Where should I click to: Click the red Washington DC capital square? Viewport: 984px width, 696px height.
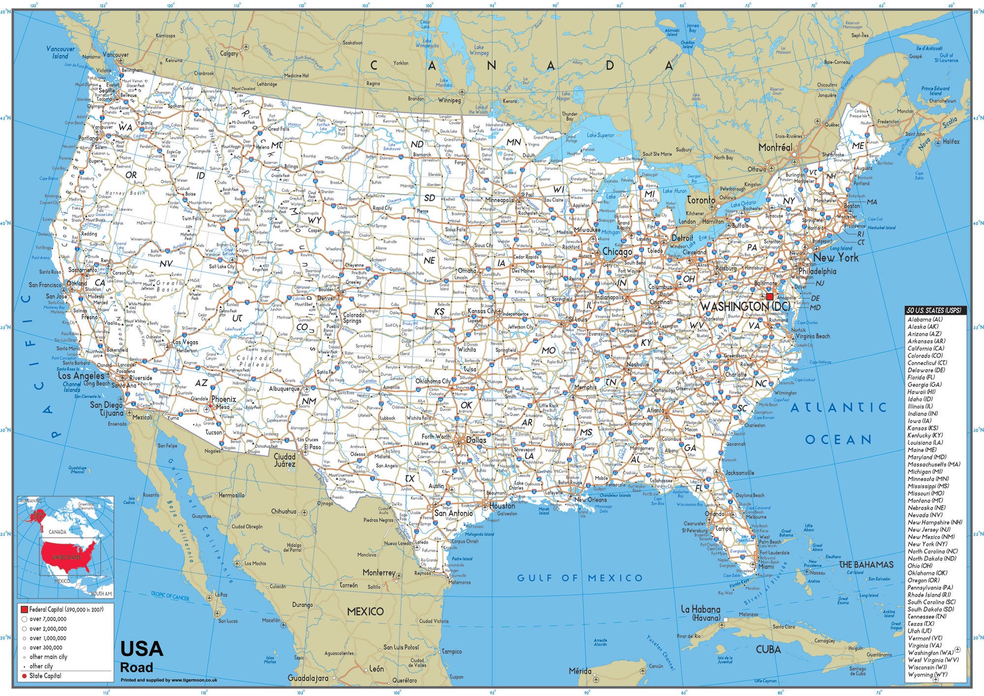769,296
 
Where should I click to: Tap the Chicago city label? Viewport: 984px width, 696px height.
617,252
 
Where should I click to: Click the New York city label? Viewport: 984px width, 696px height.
835,257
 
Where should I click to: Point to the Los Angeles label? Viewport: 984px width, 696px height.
81,376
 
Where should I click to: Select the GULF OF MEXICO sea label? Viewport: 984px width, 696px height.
580,578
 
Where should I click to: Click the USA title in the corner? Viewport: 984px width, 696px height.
142,649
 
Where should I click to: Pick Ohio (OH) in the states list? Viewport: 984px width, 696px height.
920,566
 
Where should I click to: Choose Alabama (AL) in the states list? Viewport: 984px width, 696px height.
925,319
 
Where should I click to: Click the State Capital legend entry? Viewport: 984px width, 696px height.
45,676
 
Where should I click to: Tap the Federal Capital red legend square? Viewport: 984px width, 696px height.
24,609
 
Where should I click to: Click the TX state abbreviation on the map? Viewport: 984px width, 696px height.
410,478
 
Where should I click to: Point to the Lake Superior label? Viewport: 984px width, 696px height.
600,135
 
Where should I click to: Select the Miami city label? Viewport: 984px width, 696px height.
765,567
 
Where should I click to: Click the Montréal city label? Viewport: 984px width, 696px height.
775,147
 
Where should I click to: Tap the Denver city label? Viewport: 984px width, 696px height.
325,298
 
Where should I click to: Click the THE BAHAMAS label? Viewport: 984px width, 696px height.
866,565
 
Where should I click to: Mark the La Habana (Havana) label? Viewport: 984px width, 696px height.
700,613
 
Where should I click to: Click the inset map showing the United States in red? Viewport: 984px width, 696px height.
65,546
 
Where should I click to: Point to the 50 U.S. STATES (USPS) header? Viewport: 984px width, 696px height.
935,311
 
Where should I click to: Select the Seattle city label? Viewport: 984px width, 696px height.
106,91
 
